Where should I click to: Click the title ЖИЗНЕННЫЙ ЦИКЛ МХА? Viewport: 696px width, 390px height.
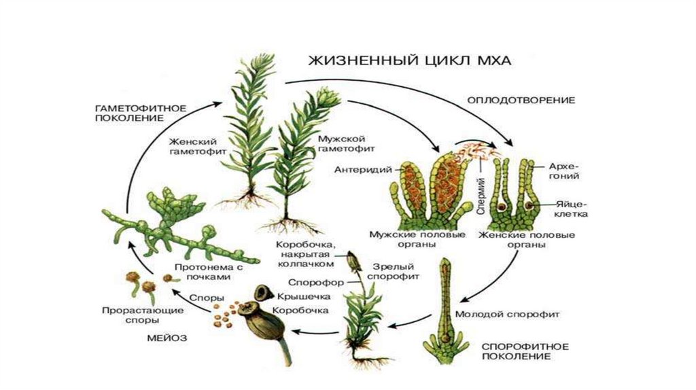[409, 60]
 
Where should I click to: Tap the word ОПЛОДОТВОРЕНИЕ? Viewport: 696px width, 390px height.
[521, 101]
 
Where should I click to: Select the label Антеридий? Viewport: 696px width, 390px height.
[363, 169]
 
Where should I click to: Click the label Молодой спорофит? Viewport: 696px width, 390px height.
[507, 314]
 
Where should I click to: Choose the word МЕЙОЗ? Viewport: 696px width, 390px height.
[167, 338]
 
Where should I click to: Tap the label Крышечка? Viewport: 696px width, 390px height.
[304, 296]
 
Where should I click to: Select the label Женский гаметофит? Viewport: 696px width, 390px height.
[198, 146]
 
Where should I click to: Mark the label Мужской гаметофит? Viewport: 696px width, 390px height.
[346, 144]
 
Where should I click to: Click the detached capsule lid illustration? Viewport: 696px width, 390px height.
[264, 294]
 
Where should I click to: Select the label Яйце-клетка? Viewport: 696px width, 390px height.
[572, 209]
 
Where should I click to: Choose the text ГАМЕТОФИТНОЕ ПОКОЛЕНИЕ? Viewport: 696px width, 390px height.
[141, 113]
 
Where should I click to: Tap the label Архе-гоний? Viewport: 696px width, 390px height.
[564, 171]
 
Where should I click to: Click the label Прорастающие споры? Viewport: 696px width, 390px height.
[143, 315]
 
